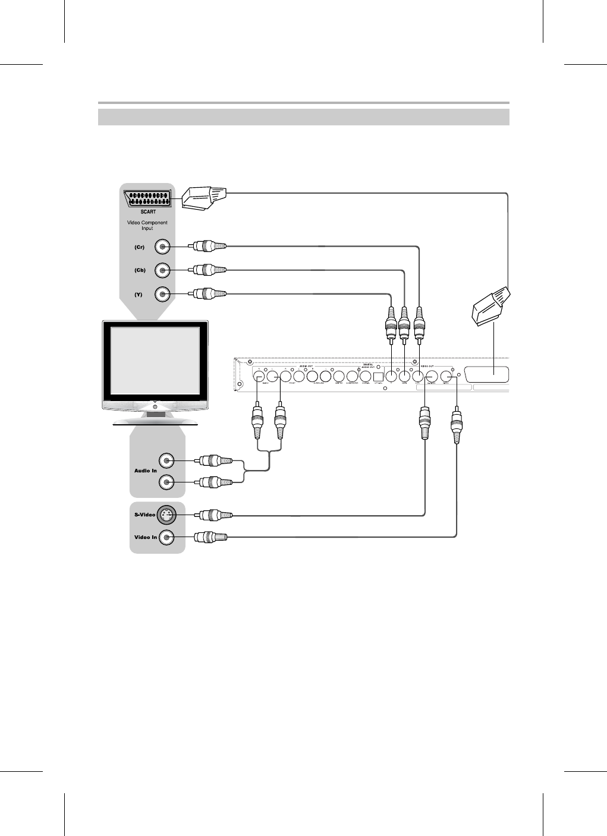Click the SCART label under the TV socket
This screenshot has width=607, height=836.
148,212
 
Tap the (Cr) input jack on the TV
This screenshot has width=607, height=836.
162,247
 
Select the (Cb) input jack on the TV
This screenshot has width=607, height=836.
162,270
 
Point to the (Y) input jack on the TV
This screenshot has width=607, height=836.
162,294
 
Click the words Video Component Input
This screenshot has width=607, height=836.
147,225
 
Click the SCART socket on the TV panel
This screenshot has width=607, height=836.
147,198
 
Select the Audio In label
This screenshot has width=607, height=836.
145,471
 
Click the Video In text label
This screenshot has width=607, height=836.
146,538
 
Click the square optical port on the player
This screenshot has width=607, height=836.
377,376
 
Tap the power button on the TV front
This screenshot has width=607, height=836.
155,408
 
